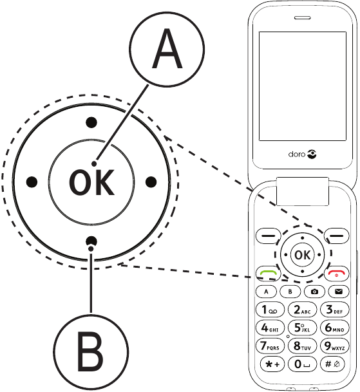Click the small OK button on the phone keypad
click(301, 256)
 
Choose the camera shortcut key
click(314, 292)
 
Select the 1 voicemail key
click(270, 310)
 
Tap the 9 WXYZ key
click(335, 346)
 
